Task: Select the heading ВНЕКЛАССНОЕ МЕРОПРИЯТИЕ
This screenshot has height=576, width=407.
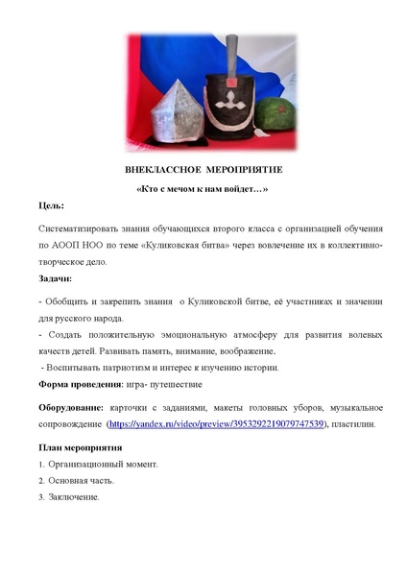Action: pyautogui.click(x=203, y=169)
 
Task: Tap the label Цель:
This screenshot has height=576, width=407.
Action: pyautogui.click(x=52, y=205)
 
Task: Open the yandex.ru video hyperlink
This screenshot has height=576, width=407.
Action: pyautogui.click(x=217, y=423)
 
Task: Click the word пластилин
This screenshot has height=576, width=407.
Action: pyautogui.click(x=360, y=423)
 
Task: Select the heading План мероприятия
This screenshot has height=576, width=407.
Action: pyautogui.click(x=80, y=447)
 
